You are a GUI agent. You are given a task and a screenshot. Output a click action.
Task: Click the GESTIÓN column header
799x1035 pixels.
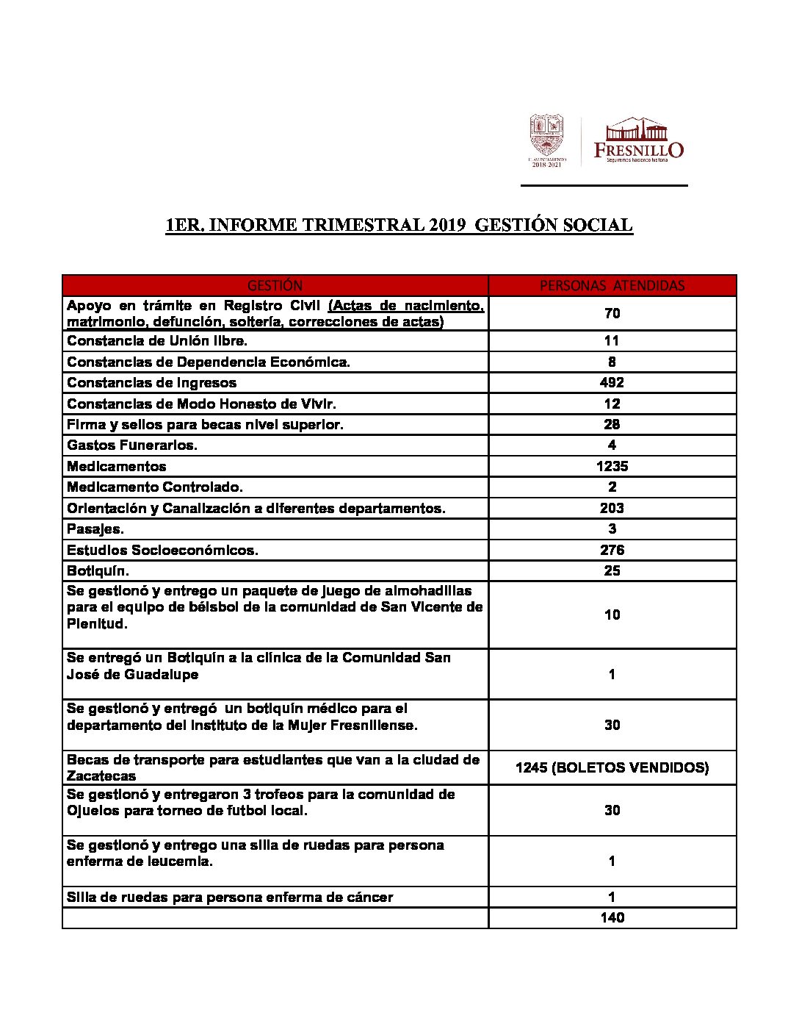click(x=275, y=285)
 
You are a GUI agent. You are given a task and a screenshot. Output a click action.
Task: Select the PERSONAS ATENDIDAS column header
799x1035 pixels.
click(x=612, y=285)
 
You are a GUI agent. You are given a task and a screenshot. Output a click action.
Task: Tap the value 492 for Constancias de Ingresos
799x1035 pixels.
click(x=612, y=382)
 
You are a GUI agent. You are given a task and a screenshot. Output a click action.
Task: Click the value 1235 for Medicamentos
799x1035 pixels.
click(x=612, y=466)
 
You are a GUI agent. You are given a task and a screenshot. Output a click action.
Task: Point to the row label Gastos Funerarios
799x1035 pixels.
click(x=132, y=445)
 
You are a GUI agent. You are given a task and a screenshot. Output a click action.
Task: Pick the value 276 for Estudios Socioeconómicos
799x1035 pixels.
click(x=612, y=550)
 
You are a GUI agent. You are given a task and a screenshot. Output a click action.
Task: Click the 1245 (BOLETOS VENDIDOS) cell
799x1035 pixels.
click(x=612, y=767)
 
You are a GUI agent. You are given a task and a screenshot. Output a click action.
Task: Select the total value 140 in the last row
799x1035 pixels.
click(x=612, y=917)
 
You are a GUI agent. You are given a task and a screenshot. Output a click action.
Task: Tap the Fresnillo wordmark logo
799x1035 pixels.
click(x=638, y=140)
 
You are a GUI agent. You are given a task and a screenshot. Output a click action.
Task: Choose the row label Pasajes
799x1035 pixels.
click(x=95, y=529)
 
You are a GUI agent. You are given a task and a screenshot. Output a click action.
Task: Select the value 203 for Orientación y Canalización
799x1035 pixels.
click(x=612, y=508)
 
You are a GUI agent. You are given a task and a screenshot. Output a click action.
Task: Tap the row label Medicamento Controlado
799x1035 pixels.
click(x=155, y=487)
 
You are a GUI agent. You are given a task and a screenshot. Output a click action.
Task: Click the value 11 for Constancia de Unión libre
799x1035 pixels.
click(x=612, y=340)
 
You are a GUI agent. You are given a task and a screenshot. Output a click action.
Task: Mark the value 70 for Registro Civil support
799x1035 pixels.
click(x=612, y=313)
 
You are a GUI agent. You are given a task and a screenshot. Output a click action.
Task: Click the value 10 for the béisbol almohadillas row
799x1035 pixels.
click(x=612, y=615)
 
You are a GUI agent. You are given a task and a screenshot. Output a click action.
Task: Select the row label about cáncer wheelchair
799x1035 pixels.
click(x=230, y=898)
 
